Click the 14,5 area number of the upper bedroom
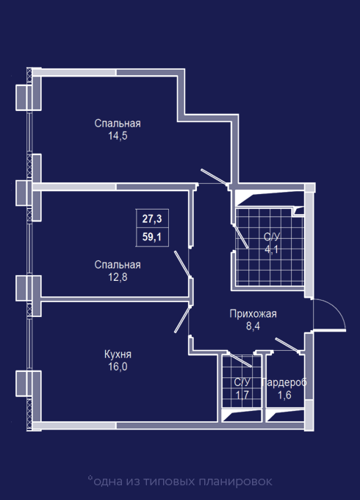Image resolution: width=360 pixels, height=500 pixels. click(118, 136)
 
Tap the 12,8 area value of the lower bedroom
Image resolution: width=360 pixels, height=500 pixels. click(118, 277)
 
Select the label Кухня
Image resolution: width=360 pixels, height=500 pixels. click(118, 354)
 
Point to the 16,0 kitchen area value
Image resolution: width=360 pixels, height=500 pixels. click(118, 367)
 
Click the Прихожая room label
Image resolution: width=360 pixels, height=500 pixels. click(253, 314)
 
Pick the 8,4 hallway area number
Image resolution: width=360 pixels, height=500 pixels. click(253, 326)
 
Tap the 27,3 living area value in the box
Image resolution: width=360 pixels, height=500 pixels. click(152, 219)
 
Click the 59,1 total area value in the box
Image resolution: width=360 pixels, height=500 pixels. click(152, 237)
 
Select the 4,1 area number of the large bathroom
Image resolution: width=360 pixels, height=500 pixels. click(271, 249)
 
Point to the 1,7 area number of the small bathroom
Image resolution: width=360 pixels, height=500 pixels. click(242, 395)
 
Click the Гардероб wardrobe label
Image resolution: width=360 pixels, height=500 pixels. click(284, 382)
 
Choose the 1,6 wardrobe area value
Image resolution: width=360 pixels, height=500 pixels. click(284, 395)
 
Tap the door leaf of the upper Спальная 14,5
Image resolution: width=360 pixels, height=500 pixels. click(214, 176)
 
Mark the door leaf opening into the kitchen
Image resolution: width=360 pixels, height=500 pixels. click(182, 319)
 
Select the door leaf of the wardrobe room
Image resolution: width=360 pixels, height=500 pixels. click(287, 345)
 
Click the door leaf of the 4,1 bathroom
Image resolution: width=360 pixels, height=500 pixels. click(241, 236)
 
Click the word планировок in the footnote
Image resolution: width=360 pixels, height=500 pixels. click(236, 482)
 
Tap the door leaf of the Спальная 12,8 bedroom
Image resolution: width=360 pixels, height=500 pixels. click(182, 264)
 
